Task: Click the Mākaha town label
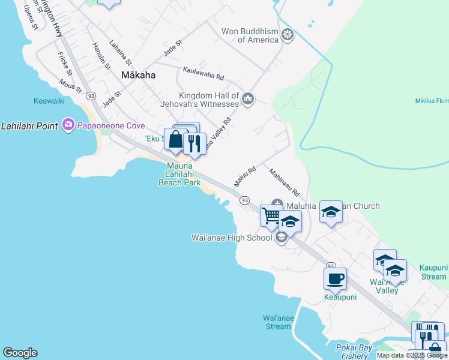point(138,76)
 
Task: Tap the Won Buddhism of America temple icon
point(288,35)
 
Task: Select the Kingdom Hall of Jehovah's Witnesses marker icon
point(248,98)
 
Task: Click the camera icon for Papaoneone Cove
point(68,125)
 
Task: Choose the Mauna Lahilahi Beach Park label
point(179,173)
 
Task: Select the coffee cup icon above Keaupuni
point(335,278)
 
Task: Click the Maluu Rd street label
point(245,176)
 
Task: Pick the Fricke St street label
point(64,62)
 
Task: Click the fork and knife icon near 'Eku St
point(194,143)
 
